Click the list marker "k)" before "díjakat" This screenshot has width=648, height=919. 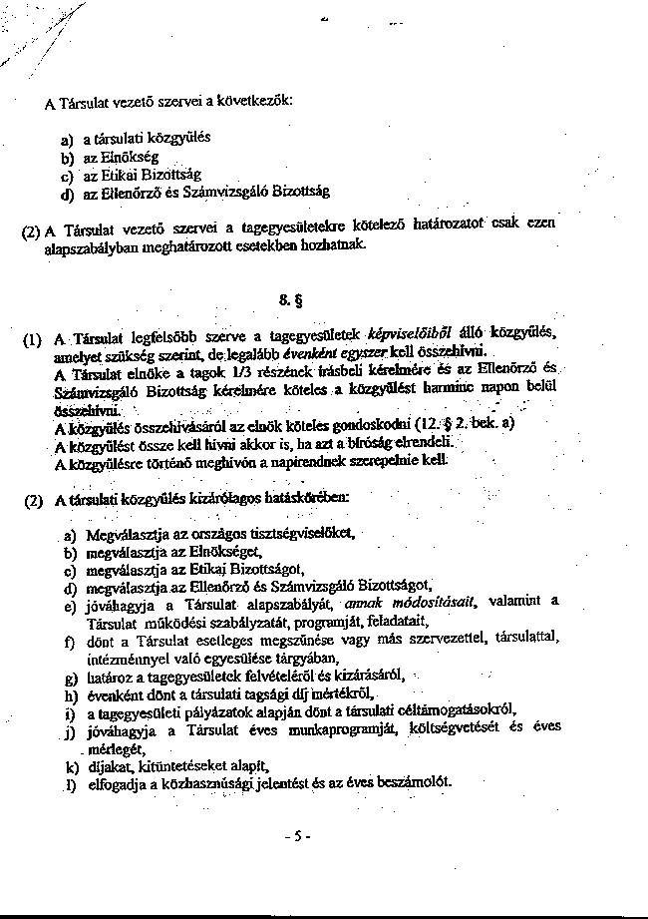71,766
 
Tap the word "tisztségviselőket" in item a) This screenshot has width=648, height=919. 300,533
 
